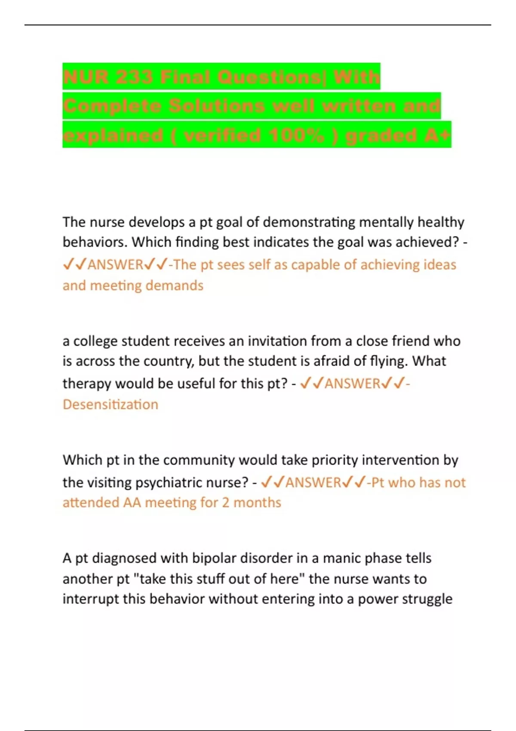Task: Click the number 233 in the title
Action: pos(129,77)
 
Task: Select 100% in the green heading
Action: pos(296,135)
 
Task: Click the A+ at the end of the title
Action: pos(437,135)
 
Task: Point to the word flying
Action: pos(387,361)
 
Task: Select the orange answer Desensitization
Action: pos(111,405)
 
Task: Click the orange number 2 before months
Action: pos(226,503)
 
